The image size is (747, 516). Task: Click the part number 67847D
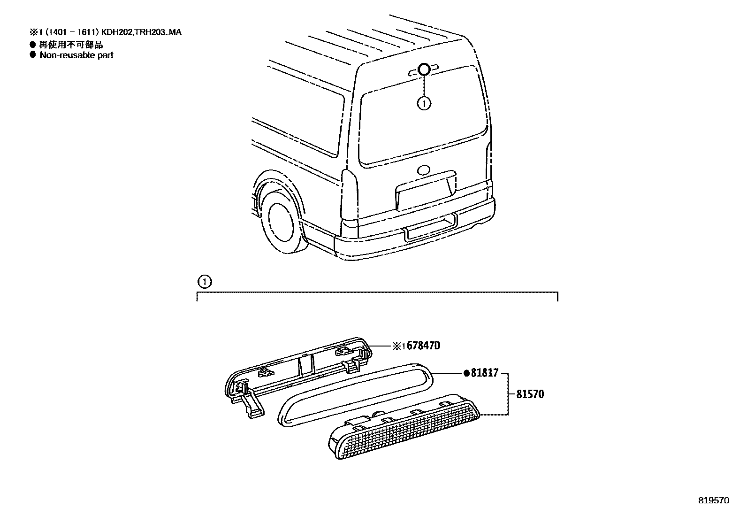click(423, 346)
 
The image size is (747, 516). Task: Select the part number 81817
click(483, 374)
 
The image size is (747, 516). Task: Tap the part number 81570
click(530, 394)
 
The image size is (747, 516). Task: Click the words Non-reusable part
click(76, 55)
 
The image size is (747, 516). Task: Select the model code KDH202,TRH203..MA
click(151, 32)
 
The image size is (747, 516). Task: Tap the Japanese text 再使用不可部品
click(70, 45)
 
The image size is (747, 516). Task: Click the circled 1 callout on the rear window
click(424, 102)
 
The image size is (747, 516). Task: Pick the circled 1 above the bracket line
click(205, 282)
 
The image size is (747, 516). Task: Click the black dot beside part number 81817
click(466, 374)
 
